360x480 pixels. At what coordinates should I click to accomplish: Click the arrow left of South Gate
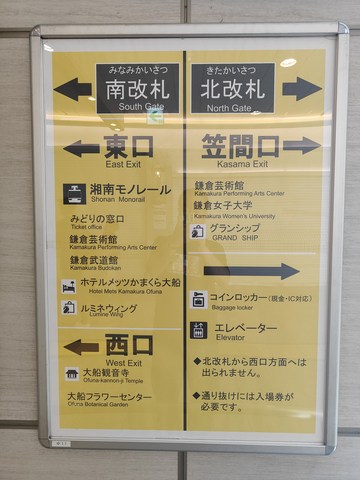pos(72,89)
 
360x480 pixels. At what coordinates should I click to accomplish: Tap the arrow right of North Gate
pos(302,89)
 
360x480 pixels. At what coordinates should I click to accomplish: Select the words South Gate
pos(141,107)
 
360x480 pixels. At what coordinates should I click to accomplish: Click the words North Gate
pos(229,108)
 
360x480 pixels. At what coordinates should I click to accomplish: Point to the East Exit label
pos(123,164)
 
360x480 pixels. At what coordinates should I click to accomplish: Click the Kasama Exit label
pos(242,164)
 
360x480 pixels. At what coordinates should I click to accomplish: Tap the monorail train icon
pos(74,194)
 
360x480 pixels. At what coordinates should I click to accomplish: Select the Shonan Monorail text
pos(118,199)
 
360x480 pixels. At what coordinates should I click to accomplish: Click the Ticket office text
pos(86,227)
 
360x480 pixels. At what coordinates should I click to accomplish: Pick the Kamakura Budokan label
pos(96,268)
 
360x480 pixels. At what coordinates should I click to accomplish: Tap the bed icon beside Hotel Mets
pos(69,287)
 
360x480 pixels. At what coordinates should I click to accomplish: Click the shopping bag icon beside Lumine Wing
pos(69,307)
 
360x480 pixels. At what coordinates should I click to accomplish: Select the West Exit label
pos(124,363)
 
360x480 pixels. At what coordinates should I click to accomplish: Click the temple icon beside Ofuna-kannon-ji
pos(72,374)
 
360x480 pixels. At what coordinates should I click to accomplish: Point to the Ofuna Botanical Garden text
pos(98,404)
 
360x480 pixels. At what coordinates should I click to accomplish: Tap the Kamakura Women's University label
pos(235,216)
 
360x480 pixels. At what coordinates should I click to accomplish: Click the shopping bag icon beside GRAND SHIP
pos(198,232)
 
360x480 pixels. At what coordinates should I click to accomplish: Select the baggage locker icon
pos(198,300)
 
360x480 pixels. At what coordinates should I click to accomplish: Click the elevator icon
pos(198,330)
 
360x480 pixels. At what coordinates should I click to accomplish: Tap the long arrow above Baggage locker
pos(252,271)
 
